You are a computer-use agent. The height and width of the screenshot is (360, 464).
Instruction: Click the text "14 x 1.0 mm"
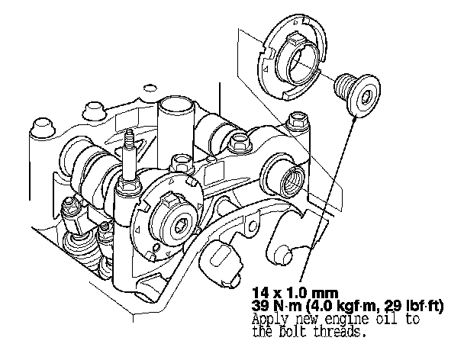295,293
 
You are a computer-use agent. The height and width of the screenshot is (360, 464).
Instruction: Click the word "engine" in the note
347,320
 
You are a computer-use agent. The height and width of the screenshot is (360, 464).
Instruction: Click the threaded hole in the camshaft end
292,182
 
